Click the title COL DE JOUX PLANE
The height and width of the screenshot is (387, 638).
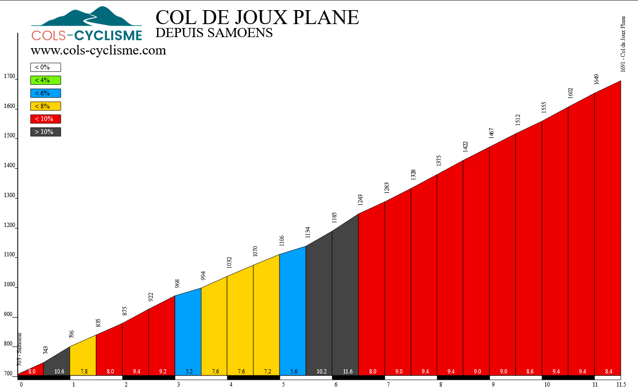[x=257, y=17]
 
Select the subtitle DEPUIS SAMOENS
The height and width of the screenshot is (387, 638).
[x=214, y=33]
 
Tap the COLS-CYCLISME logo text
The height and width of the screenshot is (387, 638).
[x=87, y=35]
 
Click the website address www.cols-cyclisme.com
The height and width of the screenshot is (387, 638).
[x=98, y=50]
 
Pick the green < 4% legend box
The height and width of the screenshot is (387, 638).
[x=46, y=80]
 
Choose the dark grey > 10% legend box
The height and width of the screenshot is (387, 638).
[x=46, y=132]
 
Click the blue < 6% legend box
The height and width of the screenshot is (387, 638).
[x=46, y=93]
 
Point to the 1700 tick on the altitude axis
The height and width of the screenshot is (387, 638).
[x=9, y=76]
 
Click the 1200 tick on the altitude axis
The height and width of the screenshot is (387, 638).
[x=9, y=225]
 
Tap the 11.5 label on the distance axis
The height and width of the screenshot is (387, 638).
[x=621, y=384]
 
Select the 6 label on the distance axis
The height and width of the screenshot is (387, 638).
[x=336, y=384]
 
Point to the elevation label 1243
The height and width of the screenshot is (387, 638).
[x=360, y=200]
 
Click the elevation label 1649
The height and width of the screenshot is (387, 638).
[x=597, y=79]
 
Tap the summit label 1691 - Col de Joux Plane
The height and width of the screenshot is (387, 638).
[x=623, y=43]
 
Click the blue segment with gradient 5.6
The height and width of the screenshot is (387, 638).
[x=292, y=313]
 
